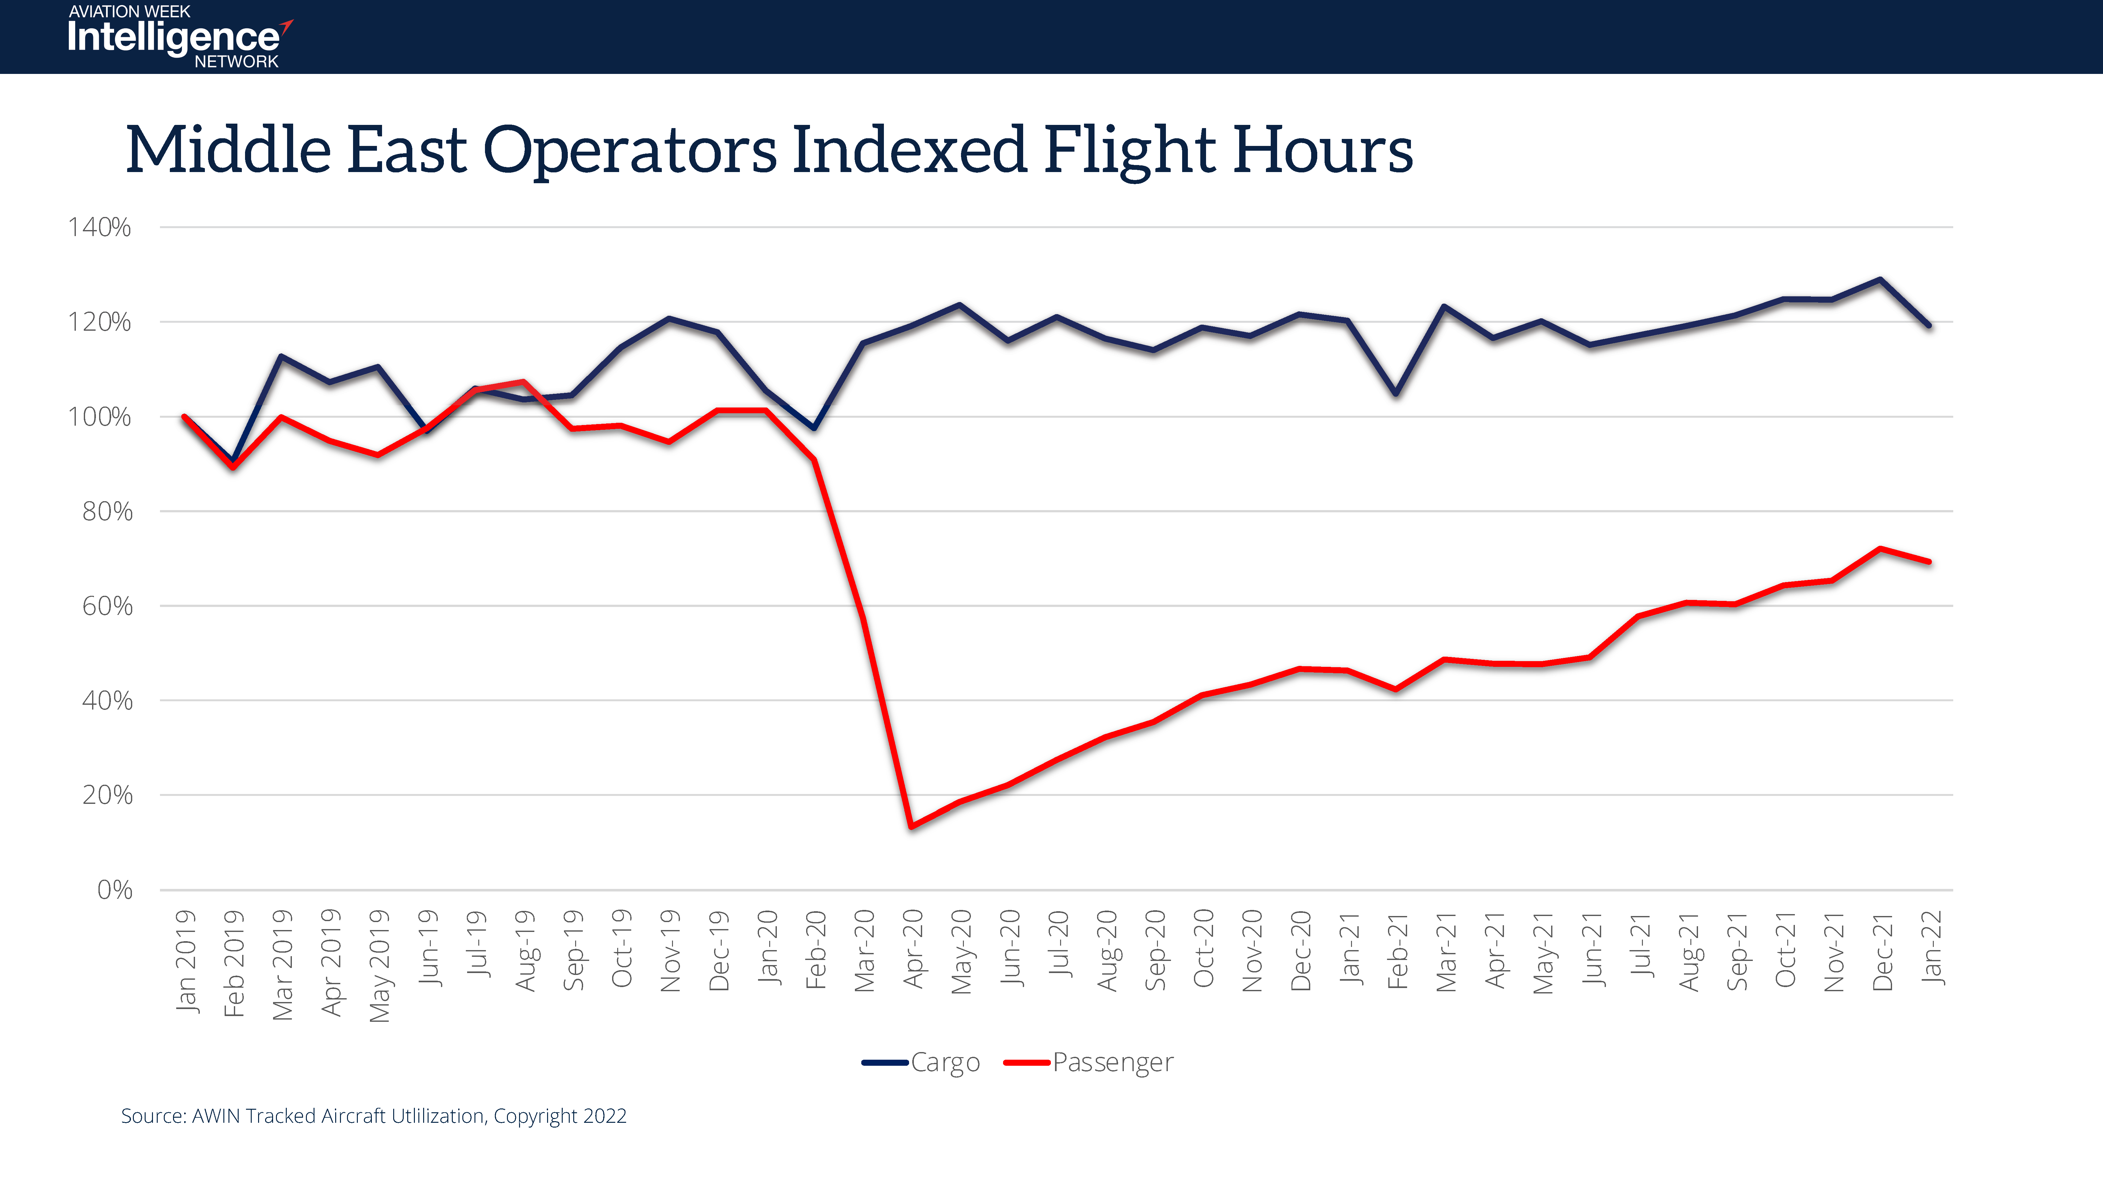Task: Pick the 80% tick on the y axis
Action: (107, 512)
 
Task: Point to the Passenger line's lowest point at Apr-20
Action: (911, 826)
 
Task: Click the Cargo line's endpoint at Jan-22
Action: (1929, 326)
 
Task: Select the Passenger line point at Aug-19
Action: (523, 382)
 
